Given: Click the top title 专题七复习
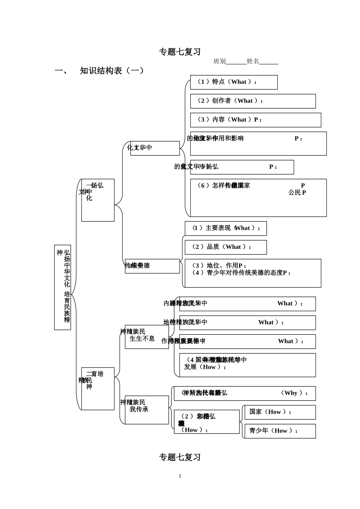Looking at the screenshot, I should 180,52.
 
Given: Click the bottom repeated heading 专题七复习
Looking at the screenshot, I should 180,457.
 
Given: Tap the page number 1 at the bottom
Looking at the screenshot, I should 180,476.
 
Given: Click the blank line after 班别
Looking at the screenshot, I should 236,61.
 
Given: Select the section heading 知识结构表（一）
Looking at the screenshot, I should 112,70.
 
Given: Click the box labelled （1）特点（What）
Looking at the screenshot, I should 234,82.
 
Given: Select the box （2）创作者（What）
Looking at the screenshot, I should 253,101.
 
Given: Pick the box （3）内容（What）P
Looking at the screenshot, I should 255,120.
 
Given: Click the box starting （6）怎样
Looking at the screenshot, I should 258,198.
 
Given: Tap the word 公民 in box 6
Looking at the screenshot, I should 294,192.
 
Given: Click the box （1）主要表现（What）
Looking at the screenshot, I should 226,228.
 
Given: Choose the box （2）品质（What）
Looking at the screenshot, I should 226,247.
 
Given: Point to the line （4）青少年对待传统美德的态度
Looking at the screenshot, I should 241,273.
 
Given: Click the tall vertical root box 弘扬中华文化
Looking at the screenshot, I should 63,287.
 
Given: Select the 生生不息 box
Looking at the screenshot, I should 147,337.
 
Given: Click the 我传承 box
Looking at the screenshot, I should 147,410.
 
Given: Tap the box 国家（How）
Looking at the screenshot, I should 280,412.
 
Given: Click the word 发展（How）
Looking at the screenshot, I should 205,367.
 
